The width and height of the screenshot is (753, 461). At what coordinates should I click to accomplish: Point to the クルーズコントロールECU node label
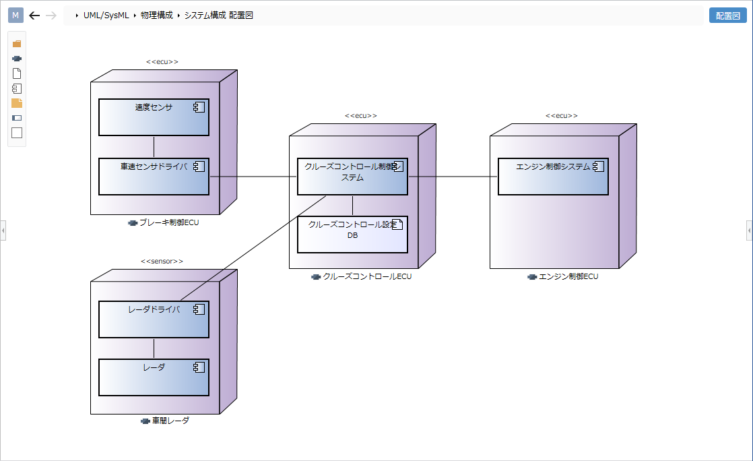pyautogui.click(x=366, y=276)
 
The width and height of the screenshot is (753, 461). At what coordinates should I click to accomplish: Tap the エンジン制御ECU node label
pyautogui.click(x=568, y=276)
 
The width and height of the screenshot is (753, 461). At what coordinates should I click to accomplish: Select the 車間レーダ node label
pyautogui.click(x=170, y=421)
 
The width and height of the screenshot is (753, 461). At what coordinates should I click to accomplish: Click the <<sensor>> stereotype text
pyautogui.click(x=162, y=261)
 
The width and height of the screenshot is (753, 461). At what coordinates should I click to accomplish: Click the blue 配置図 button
pyautogui.click(x=727, y=16)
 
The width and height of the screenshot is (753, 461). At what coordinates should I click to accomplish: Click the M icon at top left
pyautogui.click(x=15, y=16)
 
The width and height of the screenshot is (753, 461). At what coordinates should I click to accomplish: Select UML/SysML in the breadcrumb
pyautogui.click(x=106, y=16)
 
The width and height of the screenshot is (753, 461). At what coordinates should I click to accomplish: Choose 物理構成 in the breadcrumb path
pyautogui.click(x=156, y=16)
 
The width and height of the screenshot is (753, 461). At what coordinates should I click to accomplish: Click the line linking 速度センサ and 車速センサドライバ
pyautogui.click(x=154, y=147)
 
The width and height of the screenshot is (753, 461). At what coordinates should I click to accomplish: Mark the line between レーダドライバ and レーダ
pyautogui.click(x=154, y=348)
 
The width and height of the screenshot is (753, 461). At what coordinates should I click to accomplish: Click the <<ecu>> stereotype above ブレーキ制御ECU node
pyautogui.click(x=162, y=62)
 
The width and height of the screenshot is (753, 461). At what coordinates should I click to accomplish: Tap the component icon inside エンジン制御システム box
pyautogui.click(x=598, y=166)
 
